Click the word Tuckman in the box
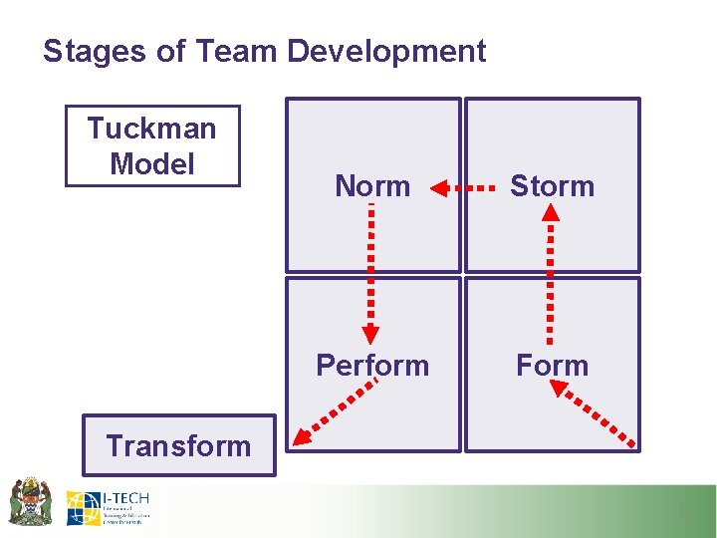[151, 129]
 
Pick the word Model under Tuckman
[151, 163]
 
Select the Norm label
[372, 186]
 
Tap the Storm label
[552, 186]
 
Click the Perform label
[372, 366]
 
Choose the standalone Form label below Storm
[552, 366]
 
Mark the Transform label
[178, 445]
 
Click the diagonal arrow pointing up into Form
[595, 414]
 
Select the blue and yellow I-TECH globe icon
[83, 508]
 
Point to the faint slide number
[684, 512]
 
